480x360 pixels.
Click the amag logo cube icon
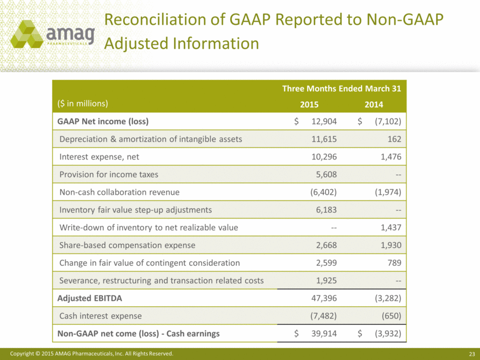tap(27, 34)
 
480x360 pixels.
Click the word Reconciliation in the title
tap(154, 19)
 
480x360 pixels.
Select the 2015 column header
tap(309, 105)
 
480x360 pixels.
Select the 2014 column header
tap(374, 105)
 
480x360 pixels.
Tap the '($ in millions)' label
tap(83, 103)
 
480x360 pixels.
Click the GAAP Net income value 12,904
tap(324, 121)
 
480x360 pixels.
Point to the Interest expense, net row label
tap(99, 157)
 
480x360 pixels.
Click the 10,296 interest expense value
tap(324, 157)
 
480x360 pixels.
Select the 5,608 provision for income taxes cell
tap(326, 175)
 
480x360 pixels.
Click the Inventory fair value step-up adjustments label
tap(135, 210)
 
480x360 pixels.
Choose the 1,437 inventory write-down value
tap(391, 228)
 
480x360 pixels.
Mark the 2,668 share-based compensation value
tap(326, 246)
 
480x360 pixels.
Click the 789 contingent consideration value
tap(394, 263)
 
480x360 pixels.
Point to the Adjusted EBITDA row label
tap(90, 298)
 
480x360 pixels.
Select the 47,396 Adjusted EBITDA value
tap(324, 298)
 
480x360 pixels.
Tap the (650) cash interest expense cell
tap(392, 316)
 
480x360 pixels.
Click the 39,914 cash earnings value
tap(324, 333)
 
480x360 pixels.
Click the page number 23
tap(472, 354)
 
